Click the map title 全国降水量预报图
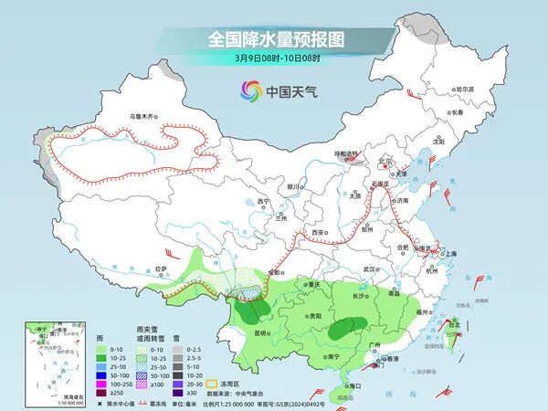point(274,40)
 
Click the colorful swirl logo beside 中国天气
point(250,90)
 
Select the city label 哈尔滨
point(466,89)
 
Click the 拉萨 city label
point(162,269)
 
